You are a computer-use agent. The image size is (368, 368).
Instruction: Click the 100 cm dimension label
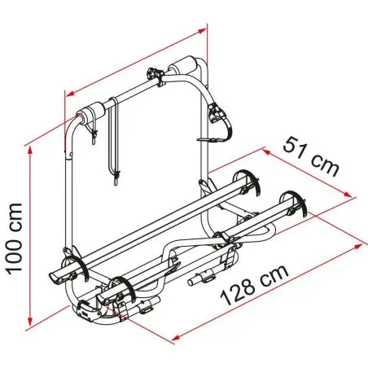15,239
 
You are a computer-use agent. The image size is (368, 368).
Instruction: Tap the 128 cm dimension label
254,285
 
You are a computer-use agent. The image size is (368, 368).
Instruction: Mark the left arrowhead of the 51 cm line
268,151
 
